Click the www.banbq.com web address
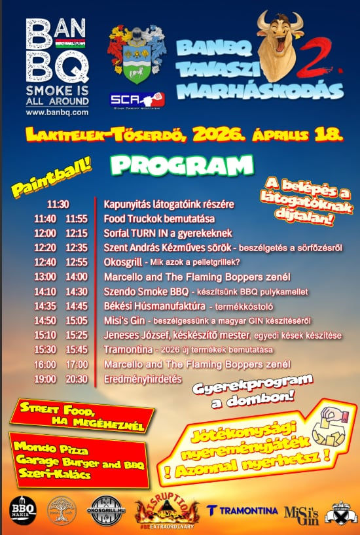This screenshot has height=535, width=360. tap(57, 112)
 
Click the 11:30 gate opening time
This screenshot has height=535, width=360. tap(58, 204)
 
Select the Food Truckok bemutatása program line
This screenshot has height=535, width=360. tap(159, 218)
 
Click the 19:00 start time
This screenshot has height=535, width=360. tap(46, 379)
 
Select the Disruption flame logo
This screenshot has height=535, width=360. tap(166, 509)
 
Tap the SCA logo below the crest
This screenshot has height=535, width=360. tap(137, 99)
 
